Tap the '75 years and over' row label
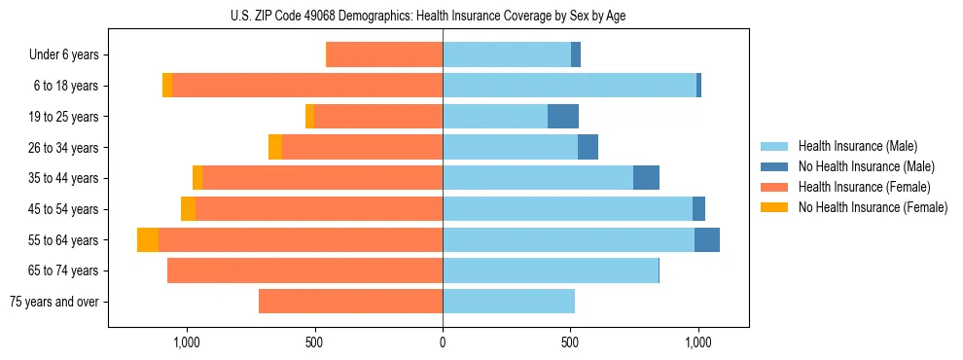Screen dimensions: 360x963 54,302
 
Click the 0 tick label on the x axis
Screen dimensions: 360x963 443,342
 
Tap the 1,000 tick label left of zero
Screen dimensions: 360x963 186,342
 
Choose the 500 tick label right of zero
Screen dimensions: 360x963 570,342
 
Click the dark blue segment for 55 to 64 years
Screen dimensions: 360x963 707,239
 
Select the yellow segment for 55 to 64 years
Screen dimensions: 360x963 148,239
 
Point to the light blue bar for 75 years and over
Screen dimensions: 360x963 509,302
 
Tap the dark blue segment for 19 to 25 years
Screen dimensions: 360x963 563,117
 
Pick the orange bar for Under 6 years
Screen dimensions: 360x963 385,55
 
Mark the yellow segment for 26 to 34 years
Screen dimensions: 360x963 275,147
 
